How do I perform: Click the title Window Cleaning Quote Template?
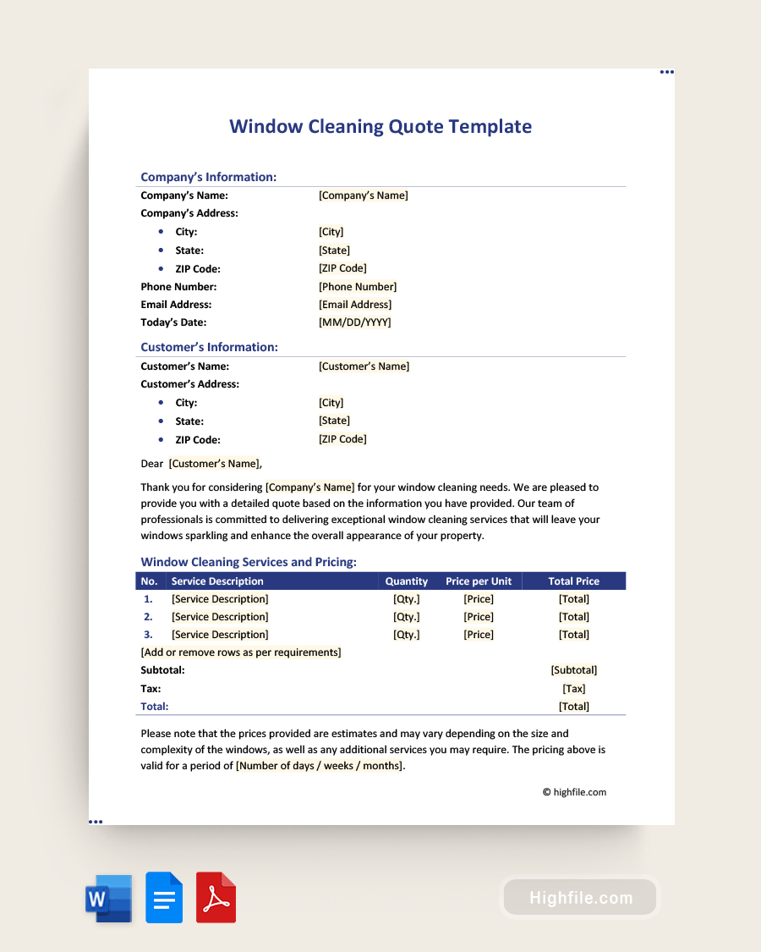380,127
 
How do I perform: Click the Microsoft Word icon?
108,898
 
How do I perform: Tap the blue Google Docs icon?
164,898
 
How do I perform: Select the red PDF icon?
216,898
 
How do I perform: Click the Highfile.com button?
581,898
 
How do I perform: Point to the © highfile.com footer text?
574,792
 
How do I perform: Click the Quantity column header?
407,581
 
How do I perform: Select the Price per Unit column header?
479,581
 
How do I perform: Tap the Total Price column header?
573,581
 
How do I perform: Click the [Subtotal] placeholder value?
573,670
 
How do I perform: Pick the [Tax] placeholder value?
573,689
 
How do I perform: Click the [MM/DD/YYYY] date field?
354,322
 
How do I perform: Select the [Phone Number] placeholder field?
358,287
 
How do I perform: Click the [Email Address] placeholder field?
355,305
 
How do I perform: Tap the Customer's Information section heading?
209,347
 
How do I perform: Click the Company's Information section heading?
208,177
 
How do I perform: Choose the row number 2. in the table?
148,617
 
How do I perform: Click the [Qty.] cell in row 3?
407,635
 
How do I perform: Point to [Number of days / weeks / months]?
320,766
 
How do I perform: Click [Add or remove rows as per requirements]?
241,652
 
